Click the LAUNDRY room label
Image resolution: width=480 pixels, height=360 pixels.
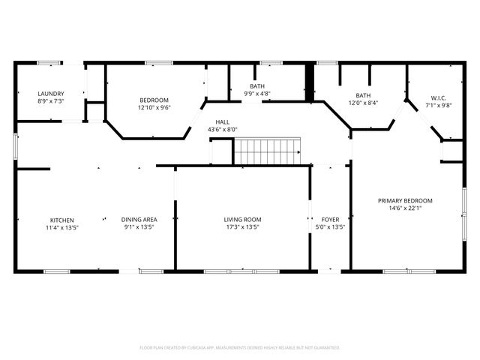[x=51, y=94]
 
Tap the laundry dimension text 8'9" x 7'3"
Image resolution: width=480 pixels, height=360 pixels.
[x=51, y=101]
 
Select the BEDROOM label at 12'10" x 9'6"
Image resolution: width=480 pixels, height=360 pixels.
[x=154, y=100]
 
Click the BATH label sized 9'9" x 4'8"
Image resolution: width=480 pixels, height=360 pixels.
[x=257, y=87]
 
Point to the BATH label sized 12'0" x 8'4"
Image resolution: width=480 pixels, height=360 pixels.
[x=363, y=95]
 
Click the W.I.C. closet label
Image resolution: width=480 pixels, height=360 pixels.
[x=439, y=98]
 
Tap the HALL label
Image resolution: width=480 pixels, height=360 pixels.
[x=223, y=121]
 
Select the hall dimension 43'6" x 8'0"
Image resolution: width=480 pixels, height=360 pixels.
[x=223, y=129]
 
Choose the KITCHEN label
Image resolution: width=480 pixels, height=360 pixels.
[x=62, y=220]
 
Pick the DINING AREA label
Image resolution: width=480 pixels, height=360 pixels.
[x=137, y=220]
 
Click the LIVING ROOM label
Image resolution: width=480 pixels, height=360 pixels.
[x=242, y=220]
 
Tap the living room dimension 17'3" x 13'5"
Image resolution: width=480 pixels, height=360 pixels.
[x=242, y=227]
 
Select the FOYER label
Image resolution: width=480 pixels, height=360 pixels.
[x=331, y=220]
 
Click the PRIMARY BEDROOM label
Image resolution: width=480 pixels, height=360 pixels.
[x=405, y=200]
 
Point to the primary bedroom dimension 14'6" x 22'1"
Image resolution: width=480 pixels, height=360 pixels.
[x=405, y=208]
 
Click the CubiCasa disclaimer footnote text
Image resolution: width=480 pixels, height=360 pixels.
[x=240, y=348]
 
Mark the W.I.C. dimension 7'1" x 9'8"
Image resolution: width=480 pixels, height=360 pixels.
[x=439, y=106]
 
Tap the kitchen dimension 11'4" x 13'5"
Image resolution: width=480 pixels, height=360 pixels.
[x=62, y=227]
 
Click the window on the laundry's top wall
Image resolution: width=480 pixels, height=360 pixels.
[x=49, y=62]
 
